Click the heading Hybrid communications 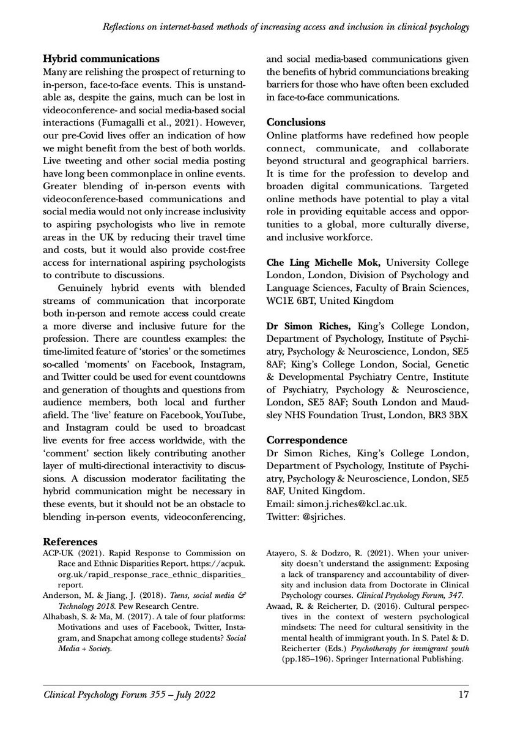[x=101, y=59]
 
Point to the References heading [x=70, y=542]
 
